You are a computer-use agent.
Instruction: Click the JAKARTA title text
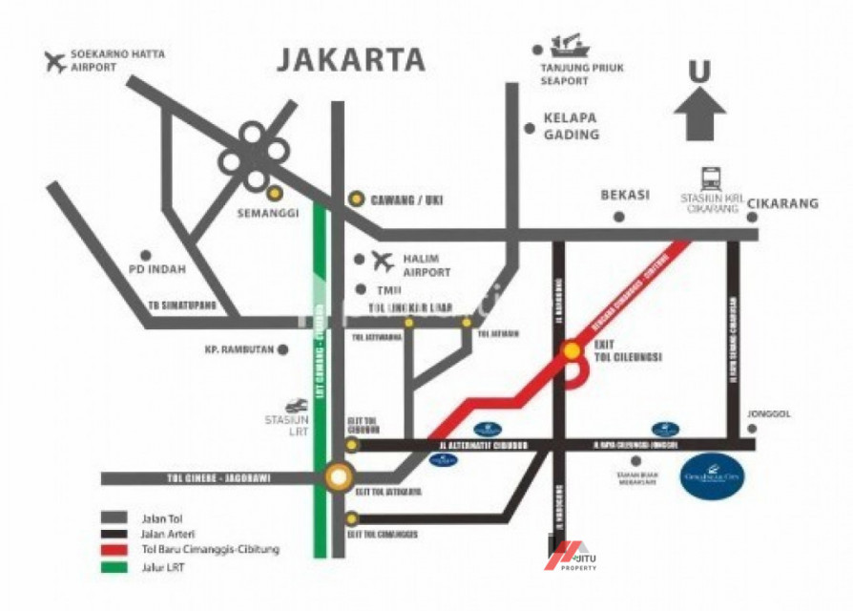click(351, 59)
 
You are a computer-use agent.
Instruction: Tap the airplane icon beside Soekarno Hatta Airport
click(56, 62)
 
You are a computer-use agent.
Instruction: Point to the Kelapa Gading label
click(572, 126)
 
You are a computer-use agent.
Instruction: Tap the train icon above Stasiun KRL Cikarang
click(712, 178)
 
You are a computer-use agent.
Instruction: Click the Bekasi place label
click(625, 194)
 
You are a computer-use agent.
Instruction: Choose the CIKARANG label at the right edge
click(782, 203)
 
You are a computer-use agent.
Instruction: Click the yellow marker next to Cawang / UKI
click(355, 199)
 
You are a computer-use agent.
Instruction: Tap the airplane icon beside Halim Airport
click(383, 260)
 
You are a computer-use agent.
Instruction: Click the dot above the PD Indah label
click(146, 255)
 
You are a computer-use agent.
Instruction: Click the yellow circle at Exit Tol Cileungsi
click(572, 351)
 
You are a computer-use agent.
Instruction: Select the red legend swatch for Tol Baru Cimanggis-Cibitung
click(114, 549)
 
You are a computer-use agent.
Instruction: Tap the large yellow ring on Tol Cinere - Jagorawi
click(338, 476)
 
